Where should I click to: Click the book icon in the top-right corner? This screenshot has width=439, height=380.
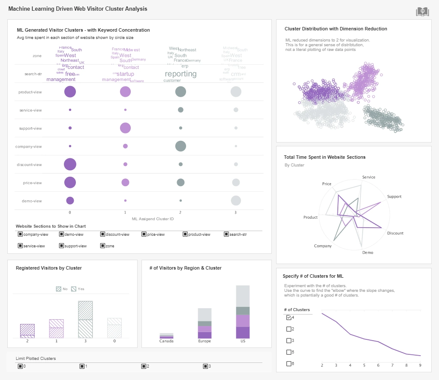pyautogui.click(x=422, y=12)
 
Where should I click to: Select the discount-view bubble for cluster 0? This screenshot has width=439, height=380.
pyautogui.click(x=70, y=164)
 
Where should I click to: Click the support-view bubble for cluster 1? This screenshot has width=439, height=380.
pyautogui.click(x=125, y=128)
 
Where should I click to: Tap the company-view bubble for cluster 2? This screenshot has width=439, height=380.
pyautogui.click(x=180, y=146)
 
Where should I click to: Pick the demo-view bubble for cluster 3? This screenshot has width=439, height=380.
pyautogui.click(x=236, y=201)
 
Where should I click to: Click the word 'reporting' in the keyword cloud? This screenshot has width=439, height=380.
pyautogui.click(x=180, y=74)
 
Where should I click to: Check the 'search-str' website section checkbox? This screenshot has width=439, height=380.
pyautogui.click(x=226, y=234)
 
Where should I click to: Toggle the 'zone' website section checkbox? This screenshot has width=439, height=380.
pyautogui.click(x=102, y=246)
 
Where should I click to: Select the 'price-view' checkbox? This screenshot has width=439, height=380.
pyautogui.click(x=144, y=234)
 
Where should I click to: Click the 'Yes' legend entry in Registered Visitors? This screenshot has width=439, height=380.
pyautogui.click(x=78, y=289)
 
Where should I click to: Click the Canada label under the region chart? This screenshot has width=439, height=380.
pyautogui.click(x=166, y=341)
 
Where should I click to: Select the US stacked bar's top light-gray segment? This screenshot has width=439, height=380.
pyautogui.click(x=243, y=296)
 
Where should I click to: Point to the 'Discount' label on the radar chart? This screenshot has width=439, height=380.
pyautogui.click(x=395, y=233)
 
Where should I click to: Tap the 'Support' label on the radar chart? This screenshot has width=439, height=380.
pyautogui.click(x=394, y=196)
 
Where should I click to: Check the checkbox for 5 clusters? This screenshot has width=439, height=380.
pyautogui.click(x=289, y=352)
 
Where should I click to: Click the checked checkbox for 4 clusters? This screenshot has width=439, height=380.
pyautogui.click(x=289, y=318)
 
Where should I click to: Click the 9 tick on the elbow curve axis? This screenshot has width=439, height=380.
pyautogui.click(x=420, y=365)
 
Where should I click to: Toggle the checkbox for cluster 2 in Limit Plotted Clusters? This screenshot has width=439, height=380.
pyautogui.click(x=144, y=366)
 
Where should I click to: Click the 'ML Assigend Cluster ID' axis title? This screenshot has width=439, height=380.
pyautogui.click(x=153, y=219)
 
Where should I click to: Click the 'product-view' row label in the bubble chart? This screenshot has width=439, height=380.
pyautogui.click(x=30, y=92)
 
